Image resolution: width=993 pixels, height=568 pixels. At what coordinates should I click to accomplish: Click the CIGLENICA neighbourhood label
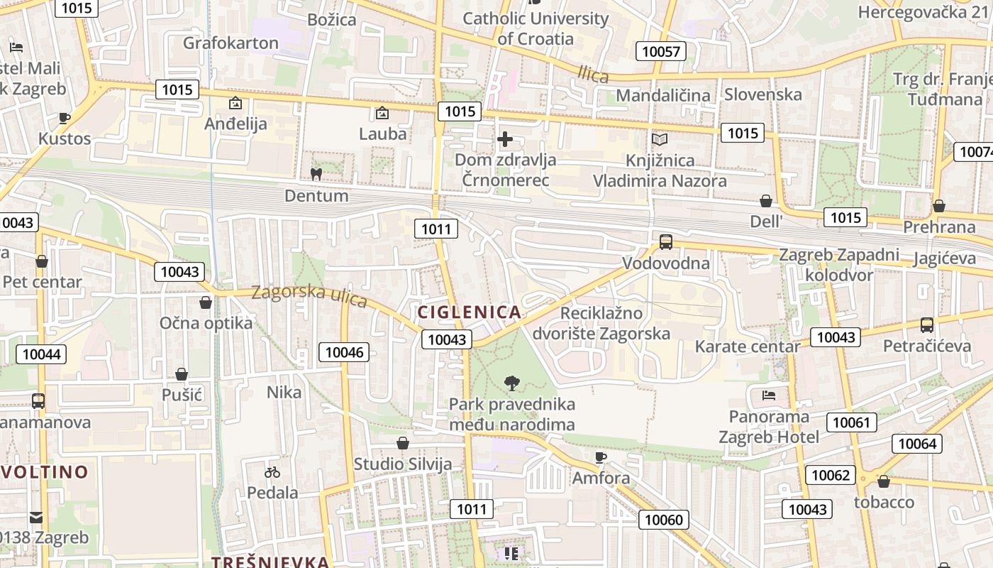click(x=470, y=312)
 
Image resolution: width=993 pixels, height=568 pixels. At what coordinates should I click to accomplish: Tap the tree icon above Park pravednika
click(x=511, y=384)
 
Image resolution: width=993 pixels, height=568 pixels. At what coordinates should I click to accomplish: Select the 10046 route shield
click(x=345, y=351)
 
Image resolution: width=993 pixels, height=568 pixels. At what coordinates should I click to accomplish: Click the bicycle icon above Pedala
click(x=272, y=472)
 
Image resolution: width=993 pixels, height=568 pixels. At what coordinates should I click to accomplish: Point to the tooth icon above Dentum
click(x=316, y=174)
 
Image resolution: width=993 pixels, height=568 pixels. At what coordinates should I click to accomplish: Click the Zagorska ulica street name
click(x=309, y=296)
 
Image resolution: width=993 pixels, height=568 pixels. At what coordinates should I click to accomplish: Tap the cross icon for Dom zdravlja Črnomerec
click(x=505, y=139)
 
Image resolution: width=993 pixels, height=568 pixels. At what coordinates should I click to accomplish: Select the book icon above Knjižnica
click(x=660, y=140)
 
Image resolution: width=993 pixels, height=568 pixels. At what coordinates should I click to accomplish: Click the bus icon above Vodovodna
click(x=665, y=242)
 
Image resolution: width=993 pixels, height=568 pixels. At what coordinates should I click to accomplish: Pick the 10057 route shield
click(x=660, y=51)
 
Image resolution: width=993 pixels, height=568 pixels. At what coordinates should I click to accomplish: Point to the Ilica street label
click(x=593, y=73)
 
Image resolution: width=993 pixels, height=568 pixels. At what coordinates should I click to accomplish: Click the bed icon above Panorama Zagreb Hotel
click(x=769, y=395)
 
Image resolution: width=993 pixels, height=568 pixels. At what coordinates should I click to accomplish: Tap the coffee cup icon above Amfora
click(x=601, y=457)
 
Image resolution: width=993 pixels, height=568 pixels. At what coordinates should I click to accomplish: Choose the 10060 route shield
click(x=664, y=520)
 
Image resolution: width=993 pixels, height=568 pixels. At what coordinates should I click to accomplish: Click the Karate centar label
click(x=747, y=346)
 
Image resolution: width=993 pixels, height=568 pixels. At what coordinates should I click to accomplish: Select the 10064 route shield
click(x=917, y=444)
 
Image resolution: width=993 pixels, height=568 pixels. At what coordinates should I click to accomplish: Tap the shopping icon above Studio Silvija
click(x=403, y=444)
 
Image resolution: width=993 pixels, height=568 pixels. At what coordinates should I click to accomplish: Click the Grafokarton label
click(x=231, y=43)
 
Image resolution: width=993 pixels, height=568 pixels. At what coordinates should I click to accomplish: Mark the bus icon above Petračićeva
click(x=926, y=325)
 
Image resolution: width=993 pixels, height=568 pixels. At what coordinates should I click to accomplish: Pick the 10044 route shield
click(x=42, y=354)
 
